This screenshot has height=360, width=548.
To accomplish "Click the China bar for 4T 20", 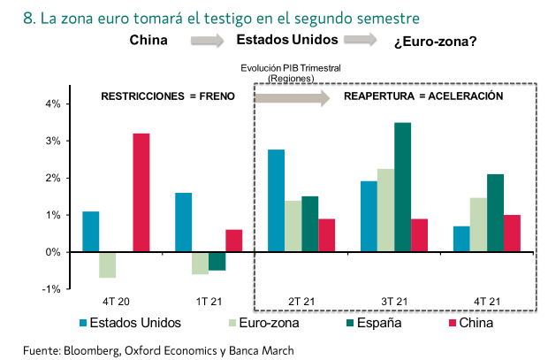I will (x=141, y=193).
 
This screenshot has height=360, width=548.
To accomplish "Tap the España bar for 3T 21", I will (x=402, y=187).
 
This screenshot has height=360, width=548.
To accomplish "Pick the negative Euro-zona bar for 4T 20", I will (x=107, y=264).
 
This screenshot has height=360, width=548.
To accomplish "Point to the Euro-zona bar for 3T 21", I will (x=385, y=211).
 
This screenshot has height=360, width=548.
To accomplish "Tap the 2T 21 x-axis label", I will (x=301, y=301).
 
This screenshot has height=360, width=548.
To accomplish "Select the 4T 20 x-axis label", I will (x=115, y=301).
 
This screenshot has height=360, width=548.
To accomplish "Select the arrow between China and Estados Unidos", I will (x=209, y=40).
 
